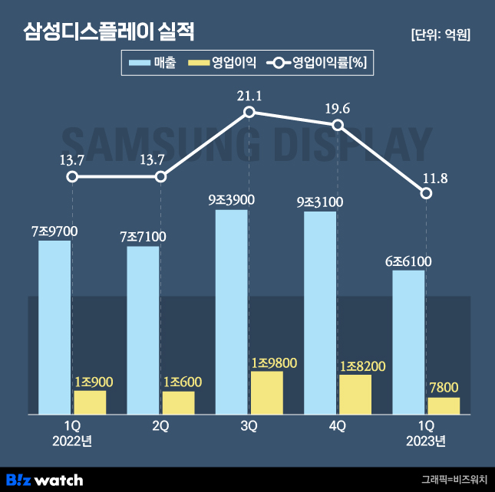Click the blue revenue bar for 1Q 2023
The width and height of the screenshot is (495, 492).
[408, 342]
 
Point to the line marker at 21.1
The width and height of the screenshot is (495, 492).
[249, 113]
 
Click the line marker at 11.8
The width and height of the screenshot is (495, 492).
[427, 193]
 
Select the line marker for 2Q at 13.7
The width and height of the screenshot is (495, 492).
[160, 177]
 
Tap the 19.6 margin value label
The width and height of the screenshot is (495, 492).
[338, 109]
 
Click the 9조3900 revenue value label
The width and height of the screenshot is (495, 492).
[231, 200]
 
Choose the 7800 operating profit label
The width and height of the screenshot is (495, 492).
[444, 387]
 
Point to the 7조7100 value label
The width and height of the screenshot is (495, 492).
[143, 236]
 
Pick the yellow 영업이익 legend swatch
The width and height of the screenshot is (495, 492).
[198, 64]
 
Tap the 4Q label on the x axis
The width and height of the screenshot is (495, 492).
[338, 425]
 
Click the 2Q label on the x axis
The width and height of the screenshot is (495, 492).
[160, 425]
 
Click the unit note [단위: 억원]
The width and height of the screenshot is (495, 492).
[441, 34]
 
